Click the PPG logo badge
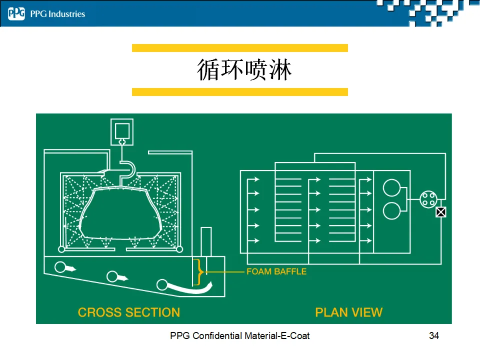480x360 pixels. [16, 14]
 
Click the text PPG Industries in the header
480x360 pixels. [57, 14]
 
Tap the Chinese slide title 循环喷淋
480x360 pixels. [244, 70]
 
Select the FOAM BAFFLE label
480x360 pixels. [276, 271]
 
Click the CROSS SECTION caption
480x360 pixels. [129, 312]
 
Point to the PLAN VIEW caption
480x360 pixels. [348, 312]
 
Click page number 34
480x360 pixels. [434, 335]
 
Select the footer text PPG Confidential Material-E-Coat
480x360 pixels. [239, 335]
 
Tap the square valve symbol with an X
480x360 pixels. [440, 212]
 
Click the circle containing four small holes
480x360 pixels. [428, 199]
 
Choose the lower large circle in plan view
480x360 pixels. [391, 210]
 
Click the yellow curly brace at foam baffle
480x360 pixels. [200, 271]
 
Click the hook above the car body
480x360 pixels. [127, 170]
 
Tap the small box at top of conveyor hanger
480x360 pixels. [121, 131]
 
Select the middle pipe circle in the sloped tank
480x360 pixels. [112, 275]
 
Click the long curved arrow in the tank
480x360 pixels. [190, 287]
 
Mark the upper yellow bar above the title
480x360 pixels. [239, 48]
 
